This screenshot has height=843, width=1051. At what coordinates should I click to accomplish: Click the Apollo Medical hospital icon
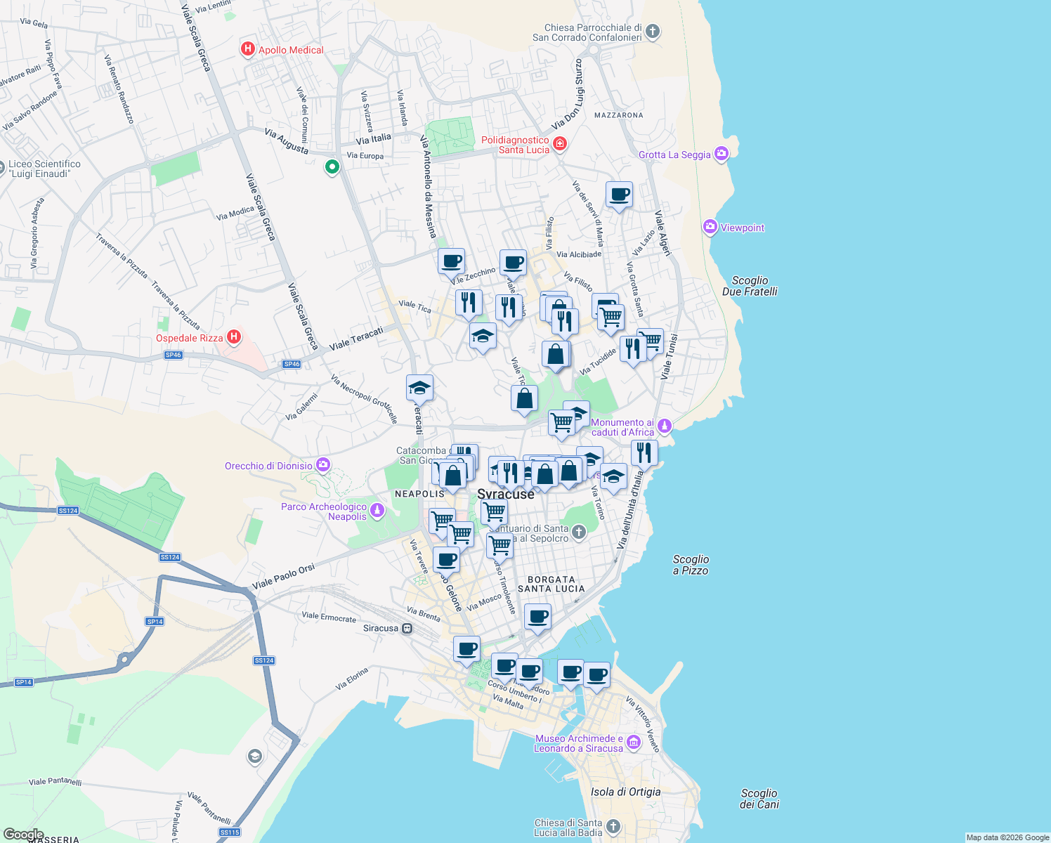click(247, 49)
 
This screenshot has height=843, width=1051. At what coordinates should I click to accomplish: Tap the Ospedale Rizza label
click(189, 338)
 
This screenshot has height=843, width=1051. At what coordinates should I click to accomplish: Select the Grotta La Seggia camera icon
click(722, 154)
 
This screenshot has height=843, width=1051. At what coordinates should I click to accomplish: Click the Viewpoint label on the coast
click(742, 228)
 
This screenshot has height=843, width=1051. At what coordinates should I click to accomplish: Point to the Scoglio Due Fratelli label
click(750, 286)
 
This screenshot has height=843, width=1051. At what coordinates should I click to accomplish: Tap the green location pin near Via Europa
click(332, 167)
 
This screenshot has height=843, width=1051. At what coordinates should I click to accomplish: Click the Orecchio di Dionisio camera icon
click(323, 464)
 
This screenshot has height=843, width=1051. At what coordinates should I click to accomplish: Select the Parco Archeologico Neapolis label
click(324, 511)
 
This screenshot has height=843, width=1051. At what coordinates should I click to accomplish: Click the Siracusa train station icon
click(407, 628)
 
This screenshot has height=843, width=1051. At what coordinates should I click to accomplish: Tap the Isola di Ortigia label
click(625, 792)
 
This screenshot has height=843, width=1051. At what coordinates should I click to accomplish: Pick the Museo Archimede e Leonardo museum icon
click(634, 743)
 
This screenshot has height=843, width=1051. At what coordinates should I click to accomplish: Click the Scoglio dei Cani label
click(759, 799)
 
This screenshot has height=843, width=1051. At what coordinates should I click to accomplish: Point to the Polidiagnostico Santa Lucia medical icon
click(560, 144)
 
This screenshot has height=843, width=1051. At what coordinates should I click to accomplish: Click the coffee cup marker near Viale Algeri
click(619, 195)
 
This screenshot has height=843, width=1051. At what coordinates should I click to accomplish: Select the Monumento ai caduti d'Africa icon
click(665, 426)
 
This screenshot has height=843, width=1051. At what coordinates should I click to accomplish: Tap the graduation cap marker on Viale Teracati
click(419, 388)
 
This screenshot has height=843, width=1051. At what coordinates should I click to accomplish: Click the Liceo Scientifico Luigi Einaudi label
click(44, 169)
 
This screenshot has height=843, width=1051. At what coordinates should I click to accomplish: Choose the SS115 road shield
click(230, 832)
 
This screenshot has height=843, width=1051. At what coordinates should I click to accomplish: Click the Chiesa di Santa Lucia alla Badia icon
click(613, 826)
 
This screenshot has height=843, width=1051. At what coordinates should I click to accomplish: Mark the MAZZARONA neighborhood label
click(618, 115)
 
